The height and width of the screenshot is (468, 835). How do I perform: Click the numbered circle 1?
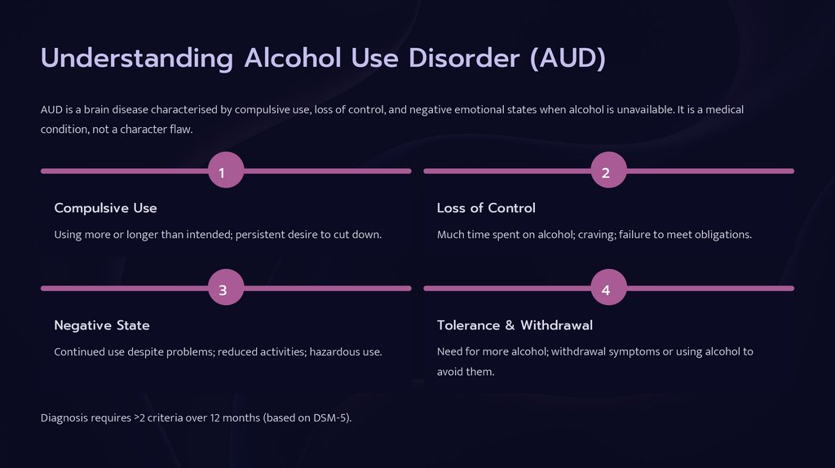coord(226,171)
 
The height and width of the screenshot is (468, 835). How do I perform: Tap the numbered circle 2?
coord(608,171)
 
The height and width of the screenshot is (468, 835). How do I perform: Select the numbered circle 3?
coord(226,289)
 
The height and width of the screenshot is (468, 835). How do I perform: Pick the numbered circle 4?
coord(608,289)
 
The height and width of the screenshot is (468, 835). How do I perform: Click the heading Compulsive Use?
coord(105,208)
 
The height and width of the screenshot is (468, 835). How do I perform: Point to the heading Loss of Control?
coord(486,208)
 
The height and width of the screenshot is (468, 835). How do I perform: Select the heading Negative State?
coord(102,325)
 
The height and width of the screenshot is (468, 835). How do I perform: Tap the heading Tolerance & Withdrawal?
coord(515,325)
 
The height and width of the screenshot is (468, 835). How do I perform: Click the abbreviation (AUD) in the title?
coord(567,60)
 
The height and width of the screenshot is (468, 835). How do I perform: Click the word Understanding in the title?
coord(137,60)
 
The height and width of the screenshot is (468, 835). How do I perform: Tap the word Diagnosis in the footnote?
coord(65,418)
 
